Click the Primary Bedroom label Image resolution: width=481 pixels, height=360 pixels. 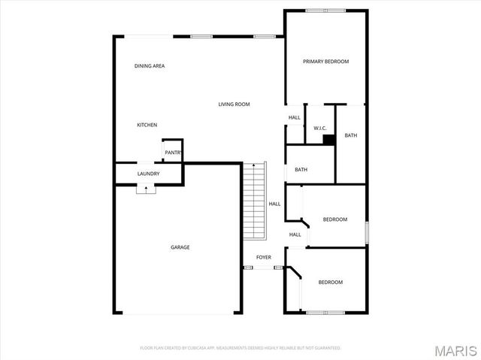point(325,62)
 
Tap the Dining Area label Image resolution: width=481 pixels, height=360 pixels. point(150,66)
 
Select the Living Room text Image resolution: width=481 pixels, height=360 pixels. point(234,104)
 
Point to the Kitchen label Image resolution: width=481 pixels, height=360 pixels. point(147,125)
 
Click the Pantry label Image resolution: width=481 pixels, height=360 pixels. point(173,153)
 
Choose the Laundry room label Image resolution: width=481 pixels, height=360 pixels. point(148,174)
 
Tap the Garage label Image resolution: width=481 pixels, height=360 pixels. point(180,247)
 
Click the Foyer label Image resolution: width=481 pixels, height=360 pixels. point(263,258)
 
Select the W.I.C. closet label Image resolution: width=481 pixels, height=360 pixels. point(319,129)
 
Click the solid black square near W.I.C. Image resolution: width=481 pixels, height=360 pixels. point(328,139)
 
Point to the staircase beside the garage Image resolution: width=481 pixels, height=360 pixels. point(255,201)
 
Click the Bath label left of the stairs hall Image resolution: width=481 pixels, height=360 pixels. point(301,170)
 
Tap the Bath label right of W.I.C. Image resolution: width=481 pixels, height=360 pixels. point(350,135)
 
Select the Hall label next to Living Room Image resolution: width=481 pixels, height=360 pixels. point(294,117)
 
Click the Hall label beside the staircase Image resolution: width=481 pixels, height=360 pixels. point(274,204)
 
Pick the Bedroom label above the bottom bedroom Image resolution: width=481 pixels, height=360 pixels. point(334,219)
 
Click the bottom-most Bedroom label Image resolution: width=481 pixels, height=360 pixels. point(330,283)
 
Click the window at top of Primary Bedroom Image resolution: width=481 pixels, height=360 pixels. point(325,11)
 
